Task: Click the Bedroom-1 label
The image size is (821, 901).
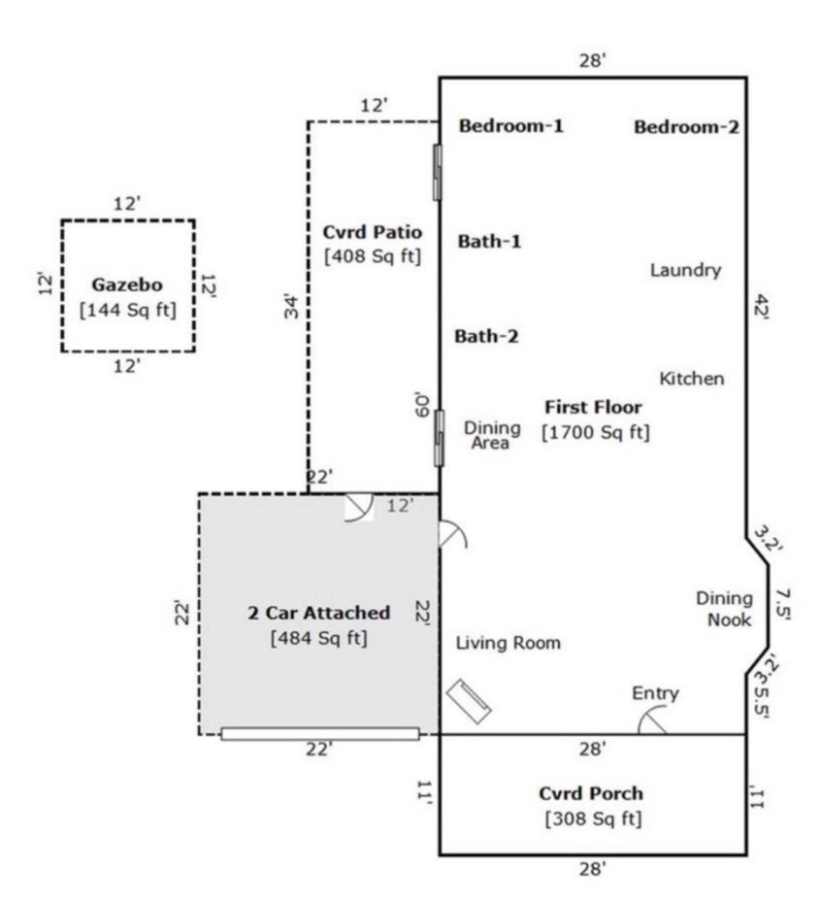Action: (510, 125)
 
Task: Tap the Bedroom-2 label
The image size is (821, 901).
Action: (686, 126)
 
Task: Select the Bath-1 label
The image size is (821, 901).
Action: (489, 241)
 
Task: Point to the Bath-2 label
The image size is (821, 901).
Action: (486, 337)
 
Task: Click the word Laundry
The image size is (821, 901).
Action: (685, 270)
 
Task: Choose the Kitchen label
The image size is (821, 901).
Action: (691, 378)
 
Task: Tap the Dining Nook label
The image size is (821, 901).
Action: (724, 609)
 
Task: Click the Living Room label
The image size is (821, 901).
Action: (508, 643)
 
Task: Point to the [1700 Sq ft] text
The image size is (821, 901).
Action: (595, 432)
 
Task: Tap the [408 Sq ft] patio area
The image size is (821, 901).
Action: (373, 256)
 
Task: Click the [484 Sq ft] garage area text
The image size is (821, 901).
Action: (318, 638)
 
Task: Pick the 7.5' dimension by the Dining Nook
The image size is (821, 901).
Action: (784, 605)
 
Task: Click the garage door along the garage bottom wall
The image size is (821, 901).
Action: (320, 734)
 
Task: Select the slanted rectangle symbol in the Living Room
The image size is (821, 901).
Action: (469, 700)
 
